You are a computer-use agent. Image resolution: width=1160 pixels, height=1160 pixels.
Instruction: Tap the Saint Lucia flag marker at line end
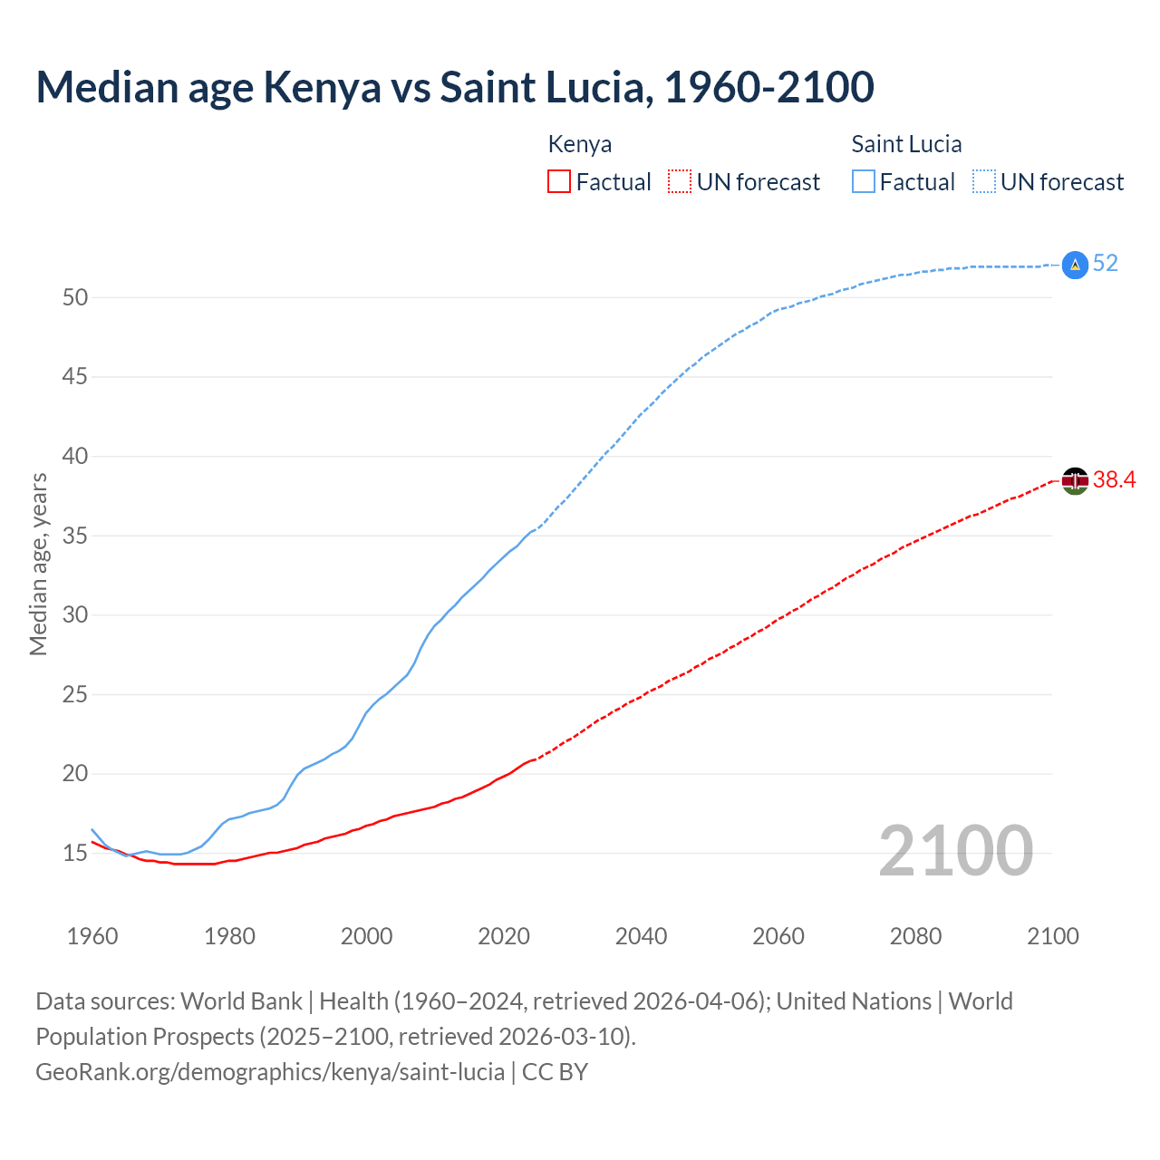(1074, 265)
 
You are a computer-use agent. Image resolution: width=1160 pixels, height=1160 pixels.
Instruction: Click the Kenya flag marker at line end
(1074, 480)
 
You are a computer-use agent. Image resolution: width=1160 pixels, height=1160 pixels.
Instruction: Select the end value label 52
(1106, 264)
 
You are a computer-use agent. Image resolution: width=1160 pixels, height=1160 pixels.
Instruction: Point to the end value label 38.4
(1114, 480)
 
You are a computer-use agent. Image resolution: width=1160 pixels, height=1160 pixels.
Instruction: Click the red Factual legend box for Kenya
(559, 182)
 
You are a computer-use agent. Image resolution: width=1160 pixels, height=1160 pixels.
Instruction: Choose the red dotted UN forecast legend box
(680, 182)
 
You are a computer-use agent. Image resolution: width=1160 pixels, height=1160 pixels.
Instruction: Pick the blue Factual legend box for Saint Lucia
(864, 182)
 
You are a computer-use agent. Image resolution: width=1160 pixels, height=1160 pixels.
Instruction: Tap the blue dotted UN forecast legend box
(983, 182)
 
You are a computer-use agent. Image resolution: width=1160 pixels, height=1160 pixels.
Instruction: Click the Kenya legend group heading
(580, 144)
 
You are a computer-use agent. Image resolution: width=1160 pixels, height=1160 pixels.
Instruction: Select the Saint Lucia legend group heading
(906, 144)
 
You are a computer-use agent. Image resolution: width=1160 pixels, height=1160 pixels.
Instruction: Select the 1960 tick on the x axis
(92, 936)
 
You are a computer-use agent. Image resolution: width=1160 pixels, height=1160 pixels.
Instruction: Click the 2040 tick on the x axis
(641, 936)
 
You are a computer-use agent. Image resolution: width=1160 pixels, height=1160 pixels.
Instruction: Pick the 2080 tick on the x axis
(915, 936)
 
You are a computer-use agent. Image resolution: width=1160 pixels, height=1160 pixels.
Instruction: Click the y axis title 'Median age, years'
(38, 564)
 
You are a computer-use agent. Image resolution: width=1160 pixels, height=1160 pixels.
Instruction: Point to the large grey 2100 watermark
(955, 851)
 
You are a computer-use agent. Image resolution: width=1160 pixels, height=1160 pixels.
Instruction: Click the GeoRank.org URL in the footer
(270, 1072)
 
